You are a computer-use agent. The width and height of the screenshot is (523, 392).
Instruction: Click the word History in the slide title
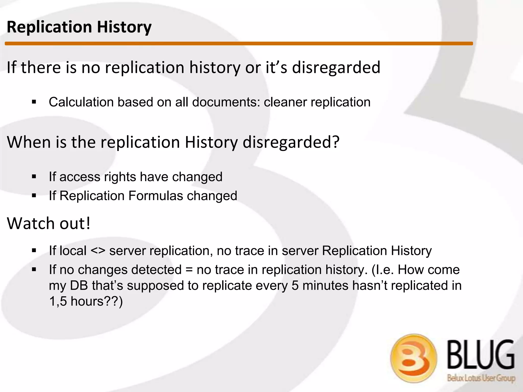tap(124, 27)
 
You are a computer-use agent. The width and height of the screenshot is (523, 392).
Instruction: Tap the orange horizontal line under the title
tap(239, 44)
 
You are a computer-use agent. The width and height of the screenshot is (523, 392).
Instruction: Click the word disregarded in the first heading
tap(336, 67)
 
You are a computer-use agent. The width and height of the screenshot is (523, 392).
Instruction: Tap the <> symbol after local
tap(98, 251)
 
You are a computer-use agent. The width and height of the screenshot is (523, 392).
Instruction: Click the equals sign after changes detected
tap(189, 270)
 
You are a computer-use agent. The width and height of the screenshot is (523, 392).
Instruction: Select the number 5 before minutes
tap(295, 285)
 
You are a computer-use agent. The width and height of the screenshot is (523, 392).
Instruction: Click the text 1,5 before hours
tap(58, 301)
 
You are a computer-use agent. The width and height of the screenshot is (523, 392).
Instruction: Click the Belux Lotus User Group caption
tap(481, 378)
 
